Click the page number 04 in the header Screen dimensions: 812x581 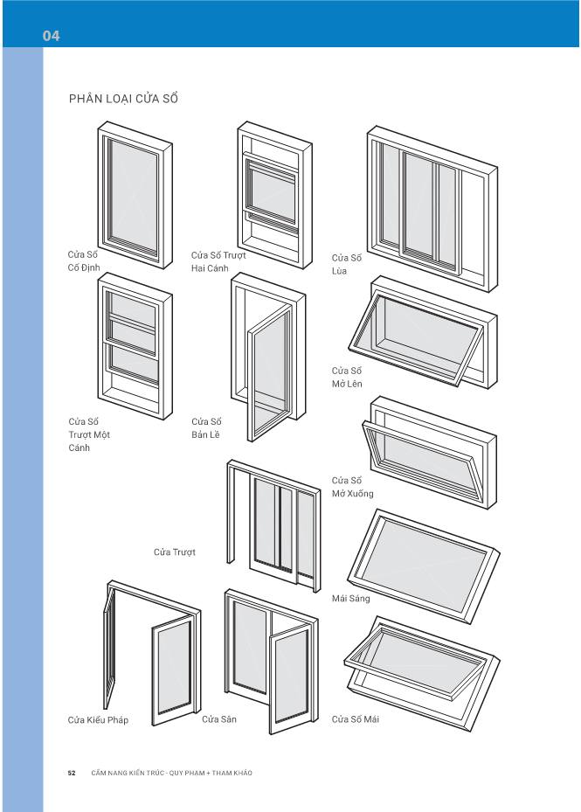(x=51, y=36)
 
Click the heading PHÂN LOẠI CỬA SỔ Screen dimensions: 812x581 (x=123, y=99)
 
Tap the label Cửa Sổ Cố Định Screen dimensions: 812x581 (x=85, y=261)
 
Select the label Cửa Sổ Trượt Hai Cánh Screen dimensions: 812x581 (x=218, y=261)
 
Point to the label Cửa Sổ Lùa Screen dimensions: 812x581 (x=346, y=264)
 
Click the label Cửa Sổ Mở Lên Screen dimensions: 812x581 (x=347, y=377)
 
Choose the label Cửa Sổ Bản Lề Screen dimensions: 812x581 (x=206, y=427)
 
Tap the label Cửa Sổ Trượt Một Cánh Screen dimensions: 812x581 (x=89, y=434)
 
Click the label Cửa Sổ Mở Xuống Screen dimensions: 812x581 (x=352, y=487)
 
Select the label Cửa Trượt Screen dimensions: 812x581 (x=175, y=552)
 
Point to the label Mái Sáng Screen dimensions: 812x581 (x=350, y=599)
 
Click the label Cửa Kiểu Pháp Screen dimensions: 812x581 (x=98, y=719)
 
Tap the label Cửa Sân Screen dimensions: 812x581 (x=219, y=718)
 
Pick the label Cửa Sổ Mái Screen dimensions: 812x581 (x=355, y=718)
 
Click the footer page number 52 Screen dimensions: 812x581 (x=72, y=773)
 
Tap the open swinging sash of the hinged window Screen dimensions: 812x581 (x=269, y=374)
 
